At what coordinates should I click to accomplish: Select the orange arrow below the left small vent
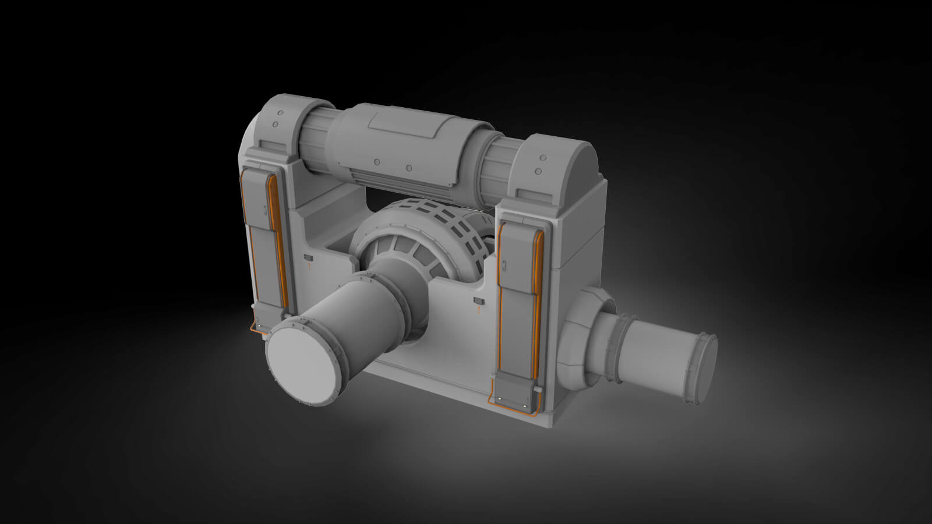pyautogui.click(x=308, y=265)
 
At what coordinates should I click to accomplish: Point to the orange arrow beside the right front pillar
pyautogui.click(x=478, y=310)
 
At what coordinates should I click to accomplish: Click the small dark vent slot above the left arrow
pyautogui.click(x=308, y=256)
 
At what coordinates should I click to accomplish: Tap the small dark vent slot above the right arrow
pyautogui.click(x=479, y=301)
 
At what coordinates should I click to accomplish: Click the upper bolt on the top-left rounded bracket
pyautogui.click(x=280, y=113)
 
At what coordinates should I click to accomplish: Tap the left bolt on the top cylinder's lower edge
pyautogui.click(x=377, y=162)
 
